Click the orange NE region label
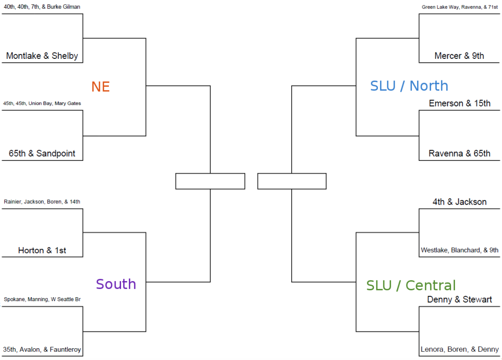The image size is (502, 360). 100,87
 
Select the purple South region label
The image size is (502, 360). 116,284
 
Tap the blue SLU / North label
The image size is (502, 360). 409,86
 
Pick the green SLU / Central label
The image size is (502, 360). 411,285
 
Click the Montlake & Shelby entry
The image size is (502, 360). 42,56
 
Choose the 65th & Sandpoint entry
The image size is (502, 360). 42,154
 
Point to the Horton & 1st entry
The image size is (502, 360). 42,251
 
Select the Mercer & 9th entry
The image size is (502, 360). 459,56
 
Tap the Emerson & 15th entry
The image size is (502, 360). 459,103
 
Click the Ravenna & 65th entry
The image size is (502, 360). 459,154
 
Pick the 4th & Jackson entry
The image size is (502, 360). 459,202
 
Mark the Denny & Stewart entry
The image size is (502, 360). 459,299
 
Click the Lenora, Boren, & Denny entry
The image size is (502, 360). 459,350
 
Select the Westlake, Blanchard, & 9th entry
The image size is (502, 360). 459,250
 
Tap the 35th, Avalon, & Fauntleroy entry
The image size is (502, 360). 42,350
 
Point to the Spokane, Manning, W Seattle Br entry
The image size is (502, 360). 42,299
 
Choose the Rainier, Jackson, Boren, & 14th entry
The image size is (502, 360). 42,202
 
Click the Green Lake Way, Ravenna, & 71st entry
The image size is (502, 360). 459,7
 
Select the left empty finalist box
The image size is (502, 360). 210,181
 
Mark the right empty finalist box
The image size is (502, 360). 292,181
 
